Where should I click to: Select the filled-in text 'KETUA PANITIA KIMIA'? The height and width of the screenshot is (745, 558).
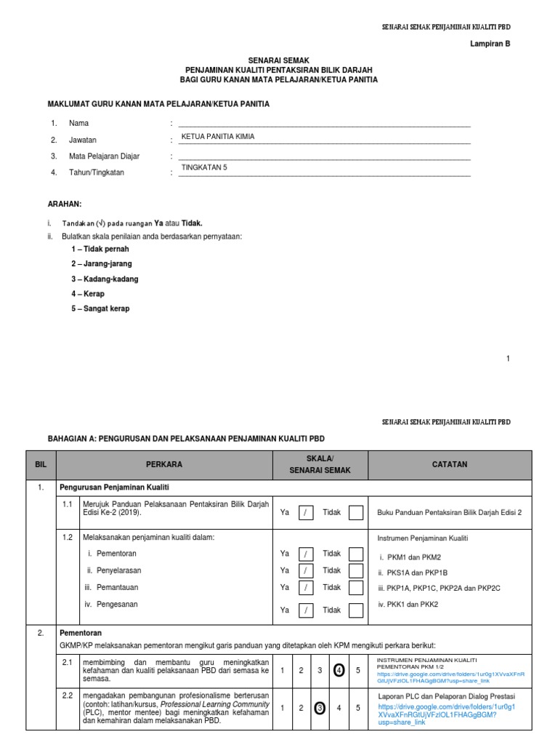pyautogui.click(x=218, y=136)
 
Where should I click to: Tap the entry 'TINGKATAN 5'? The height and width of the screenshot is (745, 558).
pyautogui.click(x=204, y=167)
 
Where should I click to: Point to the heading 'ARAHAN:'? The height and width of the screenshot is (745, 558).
pyautogui.click(x=65, y=204)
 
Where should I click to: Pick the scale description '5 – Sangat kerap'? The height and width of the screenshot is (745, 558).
pyautogui.click(x=101, y=308)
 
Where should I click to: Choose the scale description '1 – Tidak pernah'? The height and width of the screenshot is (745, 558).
pyautogui.click(x=101, y=249)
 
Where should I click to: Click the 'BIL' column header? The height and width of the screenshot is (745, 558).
pyautogui.click(x=40, y=464)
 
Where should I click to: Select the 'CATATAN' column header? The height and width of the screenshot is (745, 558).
pyautogui.click(x=450, y=464)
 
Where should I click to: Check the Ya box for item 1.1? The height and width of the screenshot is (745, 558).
pyautogui.click(x=307, y=513)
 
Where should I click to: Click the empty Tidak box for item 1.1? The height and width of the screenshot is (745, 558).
pyautogui.click(x=355, y=513)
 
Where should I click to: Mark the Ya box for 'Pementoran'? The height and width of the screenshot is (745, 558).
pyautogui.click(x=307, y=554)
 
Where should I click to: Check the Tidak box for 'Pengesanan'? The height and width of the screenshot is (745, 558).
pyautogui.click(x=355, y=610)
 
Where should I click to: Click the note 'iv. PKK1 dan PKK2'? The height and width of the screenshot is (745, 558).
pyautogui.click(x=408, y=604)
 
